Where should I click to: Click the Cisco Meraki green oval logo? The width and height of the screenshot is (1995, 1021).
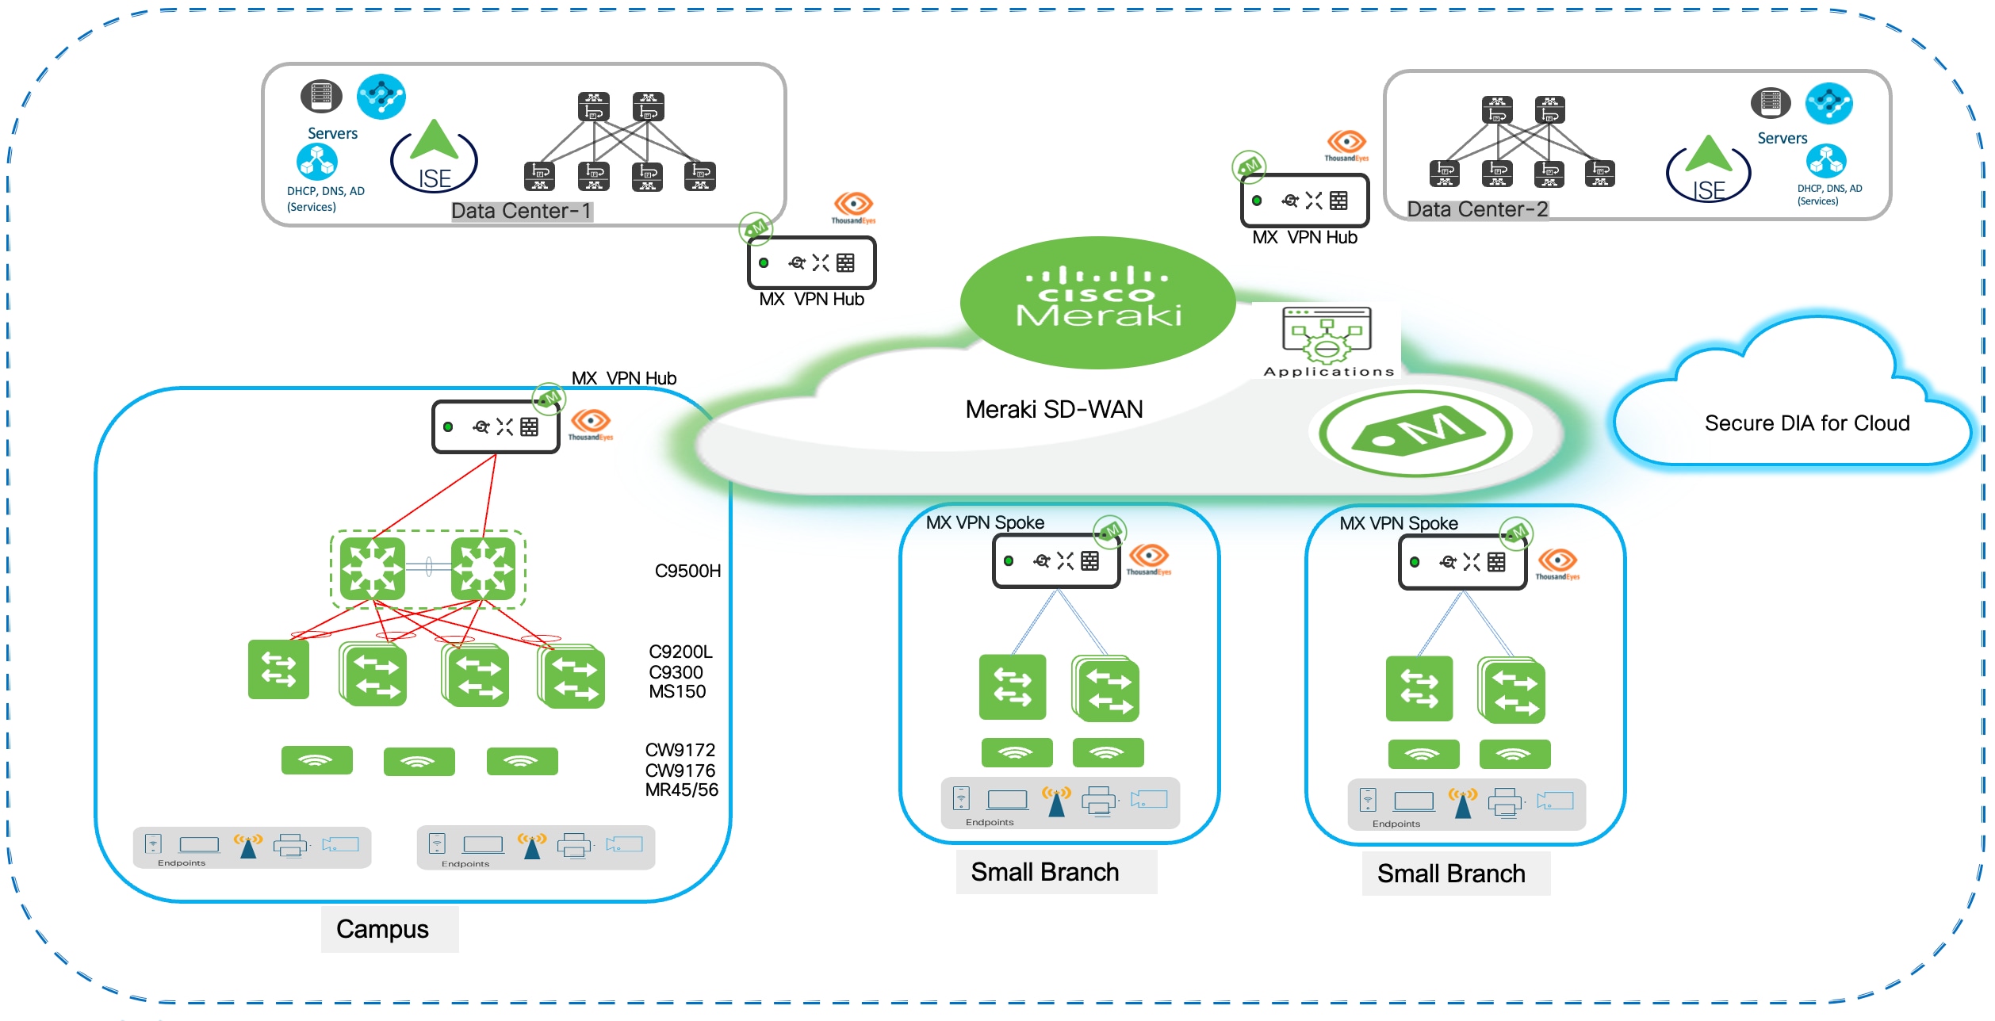pyautogui.click(x=1097, y=302)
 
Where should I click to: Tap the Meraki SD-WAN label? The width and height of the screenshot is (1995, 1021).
pyautogui.click(x=1054, y=409)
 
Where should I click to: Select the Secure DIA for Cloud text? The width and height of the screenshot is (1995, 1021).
pyautogui.click(x=1806, y=423)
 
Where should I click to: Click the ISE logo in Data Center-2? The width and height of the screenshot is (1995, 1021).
pyautogui.click(x=1709, y=171)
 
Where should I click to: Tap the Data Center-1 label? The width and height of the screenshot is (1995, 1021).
pyautogui.click(x=521, y=211)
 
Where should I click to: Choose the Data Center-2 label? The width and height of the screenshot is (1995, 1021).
pyautogui.click(x=1476, y=209)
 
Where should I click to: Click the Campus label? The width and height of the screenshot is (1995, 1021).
pyautogui.click(x=382, y=929)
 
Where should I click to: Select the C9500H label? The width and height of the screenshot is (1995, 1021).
pyautogui.click(x=687, y=571)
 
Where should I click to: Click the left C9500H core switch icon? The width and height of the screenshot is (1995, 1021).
pyautogui.click(x=372, y=568)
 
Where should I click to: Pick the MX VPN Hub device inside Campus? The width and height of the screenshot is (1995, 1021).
pyautogui.click(x=496, y=427)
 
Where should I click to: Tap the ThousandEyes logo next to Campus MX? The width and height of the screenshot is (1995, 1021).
pyautogui.click(x=591, y=423)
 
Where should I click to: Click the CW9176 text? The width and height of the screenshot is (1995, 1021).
pyautogui.click(x=680, y=770)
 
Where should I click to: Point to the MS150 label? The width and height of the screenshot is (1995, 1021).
pyautogui.click(x=676, y=691)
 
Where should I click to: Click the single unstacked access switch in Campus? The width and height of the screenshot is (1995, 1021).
pyautogui.click(x=278, y=670)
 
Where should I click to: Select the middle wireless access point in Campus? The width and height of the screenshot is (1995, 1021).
pyautogui.click(x=419, y=761)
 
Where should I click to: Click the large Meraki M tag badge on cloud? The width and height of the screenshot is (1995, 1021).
pyautogui.click(x=1416, y=433)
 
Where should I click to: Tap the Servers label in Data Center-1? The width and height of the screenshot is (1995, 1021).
pyautogui.click(x=332, y=133)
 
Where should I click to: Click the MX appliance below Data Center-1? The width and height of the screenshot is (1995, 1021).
pyautogui.click(x=811, y=263)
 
